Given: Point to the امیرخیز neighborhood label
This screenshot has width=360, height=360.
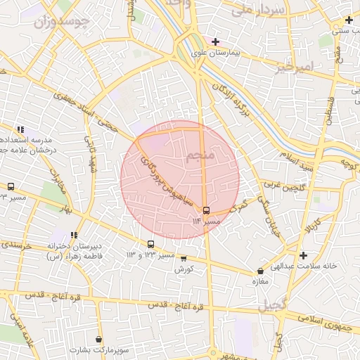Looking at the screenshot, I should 292,67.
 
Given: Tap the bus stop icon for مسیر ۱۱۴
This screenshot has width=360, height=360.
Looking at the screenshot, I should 206,210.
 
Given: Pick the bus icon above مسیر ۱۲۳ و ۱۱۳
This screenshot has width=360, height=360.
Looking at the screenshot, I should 150,244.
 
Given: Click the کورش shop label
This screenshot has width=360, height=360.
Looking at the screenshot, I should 184,269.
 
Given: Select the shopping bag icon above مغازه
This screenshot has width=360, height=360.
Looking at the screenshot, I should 261,271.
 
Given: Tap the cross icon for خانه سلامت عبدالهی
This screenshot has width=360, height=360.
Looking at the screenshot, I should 303,255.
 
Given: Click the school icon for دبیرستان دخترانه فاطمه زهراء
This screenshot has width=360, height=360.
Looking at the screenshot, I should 74,236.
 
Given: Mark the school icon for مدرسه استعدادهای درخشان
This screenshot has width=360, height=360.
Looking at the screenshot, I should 21,129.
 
